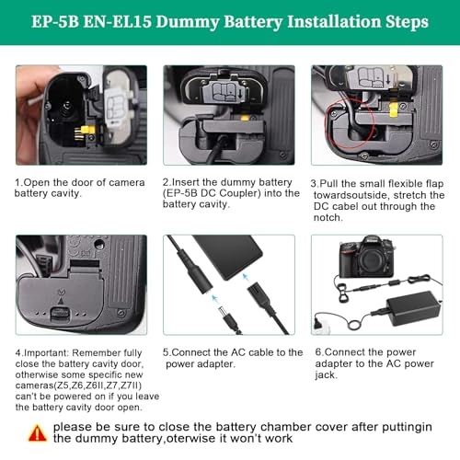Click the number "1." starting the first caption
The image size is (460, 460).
tap(19, 181)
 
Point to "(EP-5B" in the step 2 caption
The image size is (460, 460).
tap(184, 193)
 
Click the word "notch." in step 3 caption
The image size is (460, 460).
tap(328, 218)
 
